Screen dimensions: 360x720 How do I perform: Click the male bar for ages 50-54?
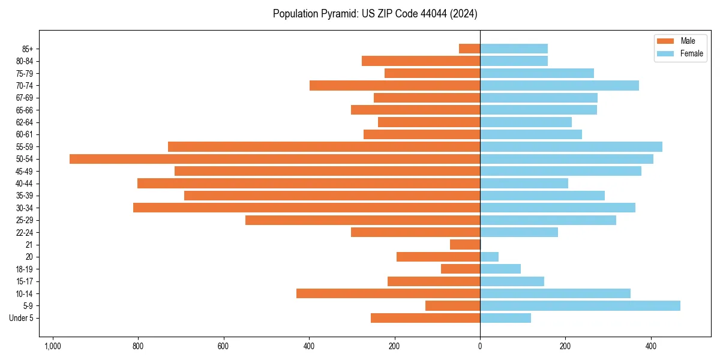(275, 159)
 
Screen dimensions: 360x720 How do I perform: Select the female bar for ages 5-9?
(580, 306)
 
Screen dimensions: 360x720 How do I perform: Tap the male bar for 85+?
(469, 49)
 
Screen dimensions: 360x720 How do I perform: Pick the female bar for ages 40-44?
(524, 184)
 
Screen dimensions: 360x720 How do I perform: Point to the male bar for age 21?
(465, 245)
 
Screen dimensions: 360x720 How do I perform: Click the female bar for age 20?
(489, 257)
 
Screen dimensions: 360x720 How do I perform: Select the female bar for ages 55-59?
(571, 147)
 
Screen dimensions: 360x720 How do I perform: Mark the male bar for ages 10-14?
(388, 293)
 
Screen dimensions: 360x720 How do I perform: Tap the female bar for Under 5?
(505, 318)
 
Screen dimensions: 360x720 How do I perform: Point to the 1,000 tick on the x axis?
(53, 346)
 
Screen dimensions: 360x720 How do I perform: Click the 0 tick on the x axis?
(480, 346)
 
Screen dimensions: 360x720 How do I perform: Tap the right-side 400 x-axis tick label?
(651, 346)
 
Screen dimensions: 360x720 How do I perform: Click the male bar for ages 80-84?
(421, 61)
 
